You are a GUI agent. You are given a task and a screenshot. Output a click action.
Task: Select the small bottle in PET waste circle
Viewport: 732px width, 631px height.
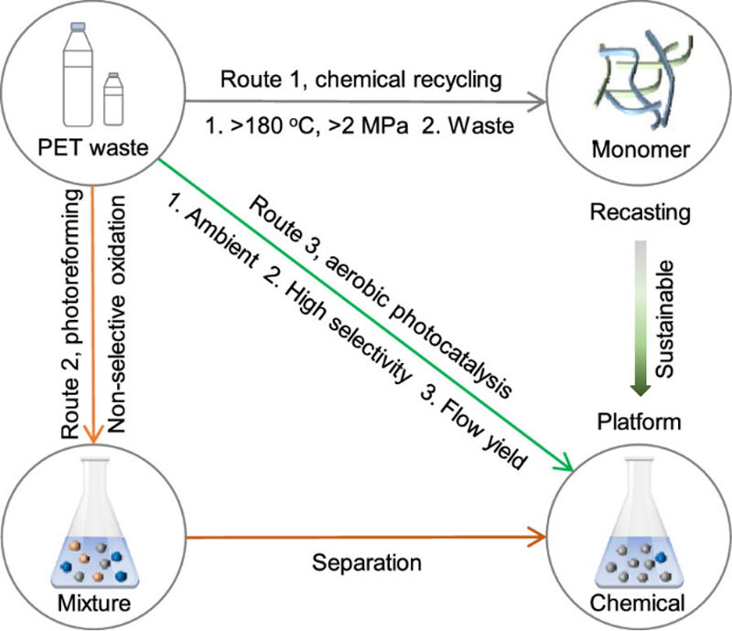tap(114, 98)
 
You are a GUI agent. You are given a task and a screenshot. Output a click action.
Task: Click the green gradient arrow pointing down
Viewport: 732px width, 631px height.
tap(640, 315)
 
